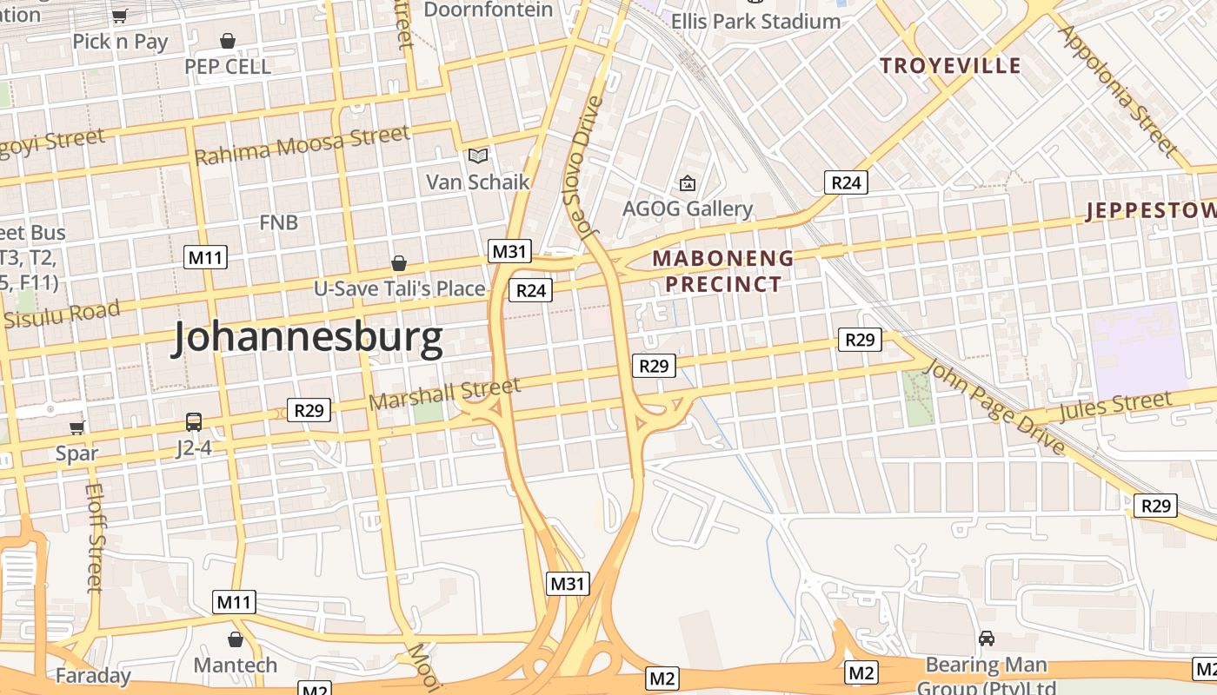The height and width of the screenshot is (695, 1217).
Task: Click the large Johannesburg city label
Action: point(309,338)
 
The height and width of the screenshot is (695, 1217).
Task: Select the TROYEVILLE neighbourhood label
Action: point(950,66)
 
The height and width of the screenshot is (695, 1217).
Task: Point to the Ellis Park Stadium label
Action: point(755,21)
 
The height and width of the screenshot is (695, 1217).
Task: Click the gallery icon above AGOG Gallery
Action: point(688,183)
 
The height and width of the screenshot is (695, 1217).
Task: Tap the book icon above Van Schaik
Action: point(478,156)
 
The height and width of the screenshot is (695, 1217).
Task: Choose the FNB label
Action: point(278,222)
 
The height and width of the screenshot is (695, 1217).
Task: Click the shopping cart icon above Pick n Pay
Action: point(120,16)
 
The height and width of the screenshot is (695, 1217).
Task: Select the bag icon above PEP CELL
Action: point(228,41)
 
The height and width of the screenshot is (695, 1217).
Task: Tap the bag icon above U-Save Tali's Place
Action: point(399,263)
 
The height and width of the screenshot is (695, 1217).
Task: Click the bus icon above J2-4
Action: point(194,422)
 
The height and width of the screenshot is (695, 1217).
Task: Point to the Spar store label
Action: point(76,453)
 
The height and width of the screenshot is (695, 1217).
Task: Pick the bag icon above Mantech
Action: point(235,640)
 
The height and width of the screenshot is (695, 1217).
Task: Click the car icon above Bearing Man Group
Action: point(987,639)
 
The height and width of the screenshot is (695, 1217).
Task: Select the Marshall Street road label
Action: point(444,393)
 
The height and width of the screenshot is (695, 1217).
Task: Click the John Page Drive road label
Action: point(994,407)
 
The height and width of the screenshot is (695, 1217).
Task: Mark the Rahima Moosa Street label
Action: point(302,145)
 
